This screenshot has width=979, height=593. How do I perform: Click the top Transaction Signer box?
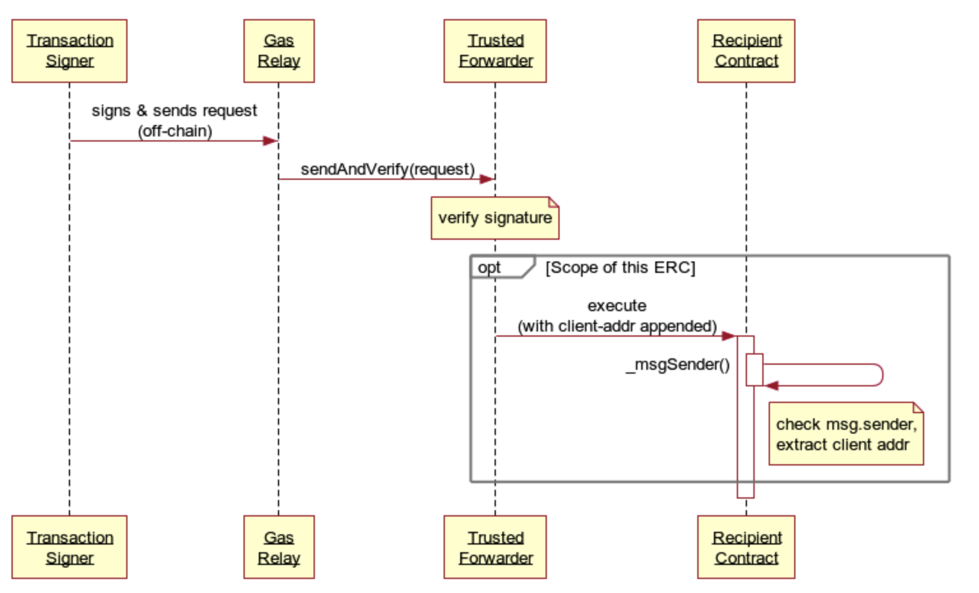coord(69,51)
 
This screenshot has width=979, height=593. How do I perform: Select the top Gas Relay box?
coord(279,51)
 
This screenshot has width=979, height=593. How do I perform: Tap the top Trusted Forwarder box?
coord(495,51)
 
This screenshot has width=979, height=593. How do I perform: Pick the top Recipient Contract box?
coord(746,51)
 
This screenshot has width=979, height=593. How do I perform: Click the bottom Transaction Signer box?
coord(69,547)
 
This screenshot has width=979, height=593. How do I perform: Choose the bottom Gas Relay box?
coord(279,547)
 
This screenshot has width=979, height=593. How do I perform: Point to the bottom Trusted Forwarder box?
coord(495,547)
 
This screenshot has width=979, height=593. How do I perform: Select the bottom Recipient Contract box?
coord(746,547)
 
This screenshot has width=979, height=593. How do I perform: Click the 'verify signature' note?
coord(495,218)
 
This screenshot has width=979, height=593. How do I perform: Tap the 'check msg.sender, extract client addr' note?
coord(846,434)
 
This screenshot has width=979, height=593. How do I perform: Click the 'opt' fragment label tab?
coord(503,267)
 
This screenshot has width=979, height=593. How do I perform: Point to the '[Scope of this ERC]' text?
coord(620,267)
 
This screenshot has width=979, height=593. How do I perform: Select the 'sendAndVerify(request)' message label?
coord(388,169)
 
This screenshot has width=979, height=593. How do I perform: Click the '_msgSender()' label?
coord(678,365)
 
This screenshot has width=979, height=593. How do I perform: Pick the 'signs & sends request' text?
coord(174,111)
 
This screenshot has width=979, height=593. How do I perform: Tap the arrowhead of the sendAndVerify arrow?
coord(486,179)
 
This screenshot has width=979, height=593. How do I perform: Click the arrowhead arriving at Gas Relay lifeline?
coord(270,141)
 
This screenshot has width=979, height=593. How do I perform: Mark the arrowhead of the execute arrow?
coord(729,336)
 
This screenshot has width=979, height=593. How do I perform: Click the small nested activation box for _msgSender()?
coord(755,370)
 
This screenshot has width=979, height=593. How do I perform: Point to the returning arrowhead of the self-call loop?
coord(771,386)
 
